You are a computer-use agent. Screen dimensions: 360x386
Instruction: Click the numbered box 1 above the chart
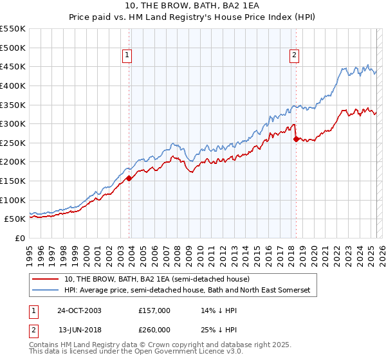(x=127, y=56)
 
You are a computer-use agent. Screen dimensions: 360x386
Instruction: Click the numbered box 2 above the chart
(x=294, y=56)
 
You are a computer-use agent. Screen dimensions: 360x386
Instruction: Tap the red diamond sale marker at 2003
(x=129, y=178)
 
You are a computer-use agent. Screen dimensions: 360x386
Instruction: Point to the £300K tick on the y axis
(x=14, y=123)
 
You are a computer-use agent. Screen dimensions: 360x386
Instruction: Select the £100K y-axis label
(x=14, y=200)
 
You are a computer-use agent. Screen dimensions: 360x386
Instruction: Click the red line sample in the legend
(x=46, y=280)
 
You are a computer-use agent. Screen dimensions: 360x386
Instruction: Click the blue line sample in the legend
(x=46, y=291)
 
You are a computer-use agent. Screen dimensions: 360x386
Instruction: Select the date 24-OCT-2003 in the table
(x=79, y=310)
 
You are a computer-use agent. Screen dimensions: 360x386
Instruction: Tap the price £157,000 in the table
(x=155, y=310)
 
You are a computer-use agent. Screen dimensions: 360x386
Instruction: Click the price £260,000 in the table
(x=155, y=329)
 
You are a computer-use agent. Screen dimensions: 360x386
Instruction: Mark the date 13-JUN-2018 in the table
(x=79, y=329)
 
